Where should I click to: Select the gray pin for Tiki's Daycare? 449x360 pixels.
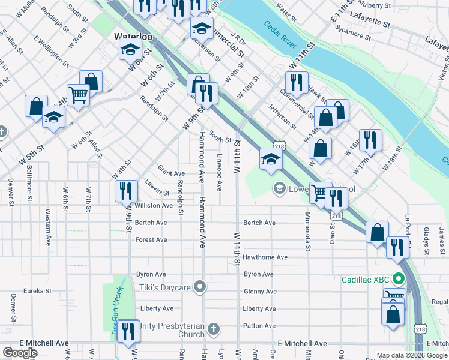point(200,288)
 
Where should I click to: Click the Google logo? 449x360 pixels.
point(20,353)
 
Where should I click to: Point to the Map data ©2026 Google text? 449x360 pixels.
point(411,355)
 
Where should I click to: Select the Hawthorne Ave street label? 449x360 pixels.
point(265,257)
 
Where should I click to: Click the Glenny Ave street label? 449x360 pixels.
point(260,292)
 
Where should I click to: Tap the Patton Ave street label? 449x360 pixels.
point(259,326)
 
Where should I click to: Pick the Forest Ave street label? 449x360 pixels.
point(151,239)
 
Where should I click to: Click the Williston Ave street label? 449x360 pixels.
point(154,205)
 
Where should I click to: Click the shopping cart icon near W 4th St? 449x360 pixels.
point(79,95)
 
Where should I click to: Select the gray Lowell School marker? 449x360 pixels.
point(279,189)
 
